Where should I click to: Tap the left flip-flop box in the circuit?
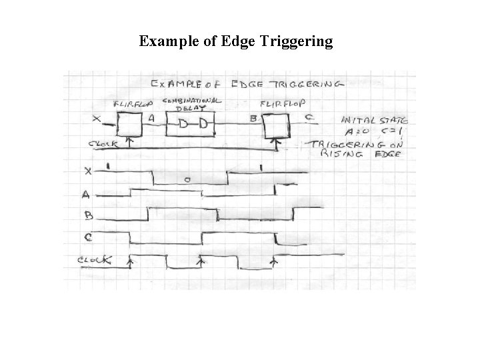tap(130, 124)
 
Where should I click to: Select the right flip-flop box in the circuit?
tap(275, 125)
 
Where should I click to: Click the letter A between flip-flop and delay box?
tap(152, 118)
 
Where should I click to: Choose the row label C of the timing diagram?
tap(89, 236)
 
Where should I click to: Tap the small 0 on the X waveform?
tap(188, 180)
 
